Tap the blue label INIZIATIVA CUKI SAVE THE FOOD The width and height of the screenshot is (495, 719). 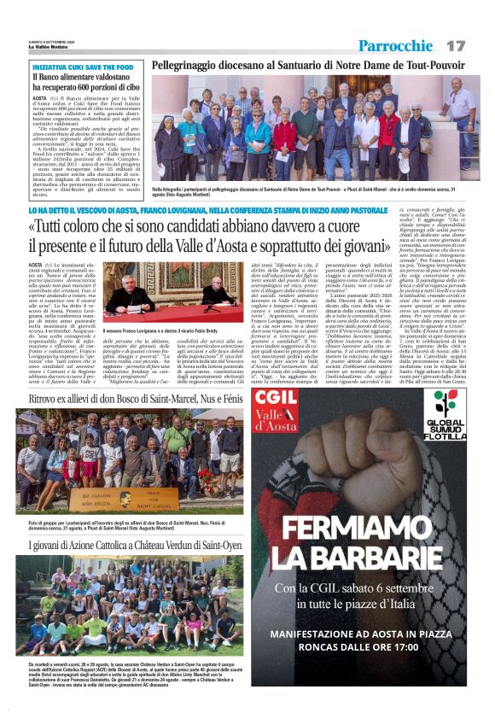(x=78, y=67)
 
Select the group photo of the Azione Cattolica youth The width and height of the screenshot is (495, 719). (x=129, y=607)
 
